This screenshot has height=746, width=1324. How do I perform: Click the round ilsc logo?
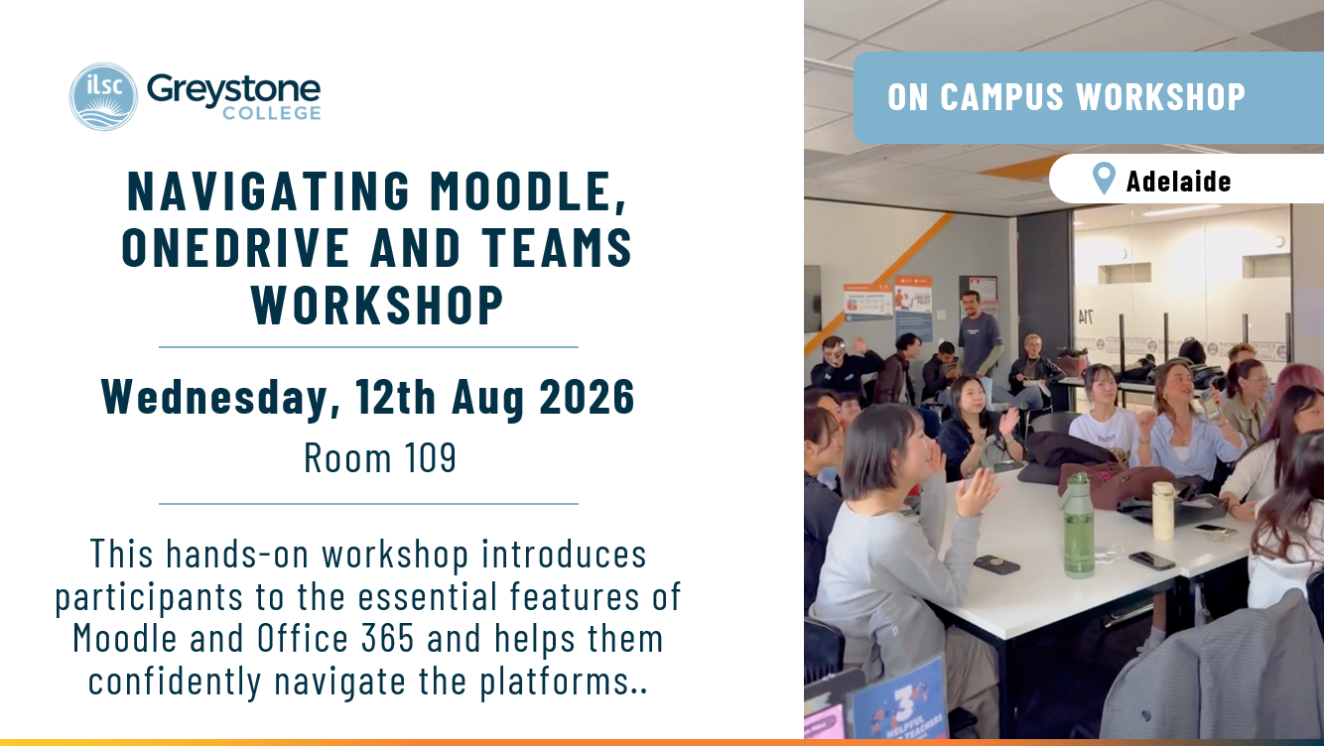[103, 96]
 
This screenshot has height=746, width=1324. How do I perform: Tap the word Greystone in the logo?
[233, 90]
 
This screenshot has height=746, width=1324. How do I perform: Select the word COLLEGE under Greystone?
[272, 113]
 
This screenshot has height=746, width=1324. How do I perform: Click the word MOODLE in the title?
[528, 191]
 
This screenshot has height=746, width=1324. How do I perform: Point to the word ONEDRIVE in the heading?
[236, 247]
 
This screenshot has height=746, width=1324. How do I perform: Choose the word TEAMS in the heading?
[558, 247]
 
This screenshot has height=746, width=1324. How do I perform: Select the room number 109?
[431, 457]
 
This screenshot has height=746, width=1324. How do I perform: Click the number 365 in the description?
[388, 638]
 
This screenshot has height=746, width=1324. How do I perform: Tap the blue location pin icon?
[1104, 179]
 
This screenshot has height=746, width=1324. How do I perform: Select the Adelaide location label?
[1178, 181]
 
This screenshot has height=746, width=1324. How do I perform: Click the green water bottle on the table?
[1079, 525]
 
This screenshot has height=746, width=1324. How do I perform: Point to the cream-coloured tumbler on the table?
[1163, 510]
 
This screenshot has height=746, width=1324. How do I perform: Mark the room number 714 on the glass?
[1085, 317]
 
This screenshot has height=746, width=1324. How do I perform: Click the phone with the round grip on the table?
[995, 564]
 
